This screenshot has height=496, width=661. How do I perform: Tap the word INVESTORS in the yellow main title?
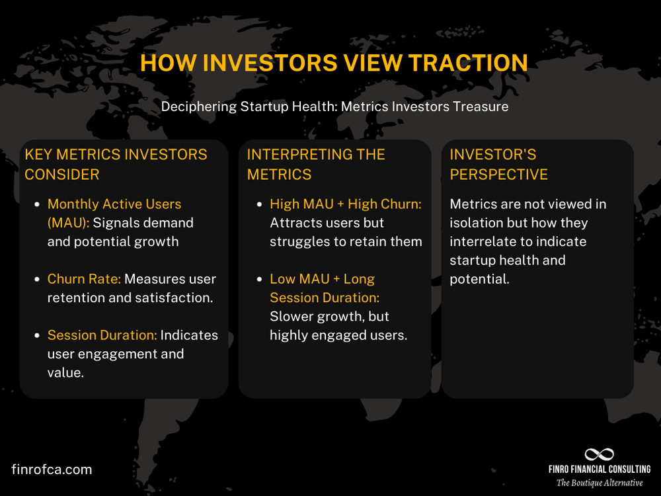click(275, 63)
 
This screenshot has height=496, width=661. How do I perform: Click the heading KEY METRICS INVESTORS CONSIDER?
click(116, 164)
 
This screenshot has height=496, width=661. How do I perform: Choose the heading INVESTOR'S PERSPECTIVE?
click(498, 164)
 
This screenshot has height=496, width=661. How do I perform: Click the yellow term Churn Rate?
click(84, 279)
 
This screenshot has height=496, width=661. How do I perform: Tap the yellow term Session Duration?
click(102, 335)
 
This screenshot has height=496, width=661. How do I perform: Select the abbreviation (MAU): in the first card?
click(69, 223)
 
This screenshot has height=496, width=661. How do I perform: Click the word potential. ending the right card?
click(479, 278)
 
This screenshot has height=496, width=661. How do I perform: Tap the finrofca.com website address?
click(52, 470)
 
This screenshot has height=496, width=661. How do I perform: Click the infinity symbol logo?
click(599, 454)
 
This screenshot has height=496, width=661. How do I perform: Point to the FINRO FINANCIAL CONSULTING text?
click(599, 469)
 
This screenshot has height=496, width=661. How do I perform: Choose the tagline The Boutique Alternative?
click(599, 483)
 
